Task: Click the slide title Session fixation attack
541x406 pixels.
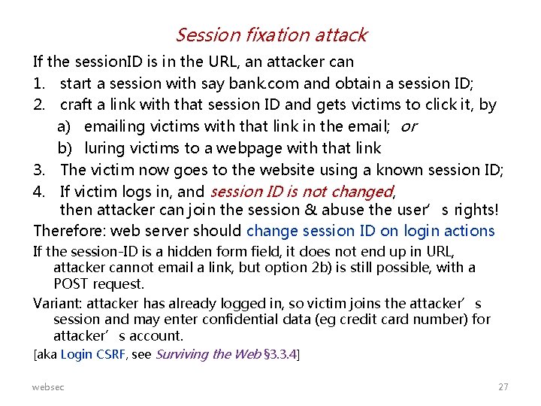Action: [270, 35]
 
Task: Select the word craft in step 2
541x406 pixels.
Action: [78, 105]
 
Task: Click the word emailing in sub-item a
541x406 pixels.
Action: [113, 126]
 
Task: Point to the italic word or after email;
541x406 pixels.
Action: [409, 126]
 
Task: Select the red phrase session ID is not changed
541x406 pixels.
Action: [302, 192]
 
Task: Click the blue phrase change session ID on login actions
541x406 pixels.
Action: [370, 231]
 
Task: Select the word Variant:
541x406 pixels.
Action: [58, 304]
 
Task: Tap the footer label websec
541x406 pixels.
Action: [48, 386]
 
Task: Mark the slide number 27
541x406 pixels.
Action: [503, 386]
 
